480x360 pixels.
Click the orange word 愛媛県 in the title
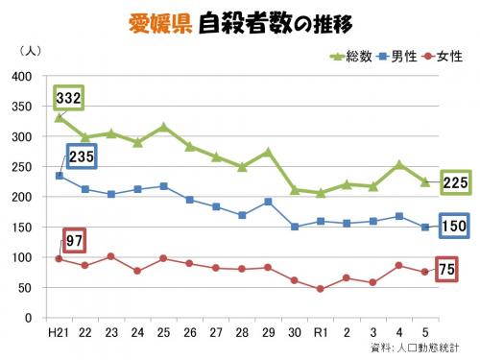[x=159, y=23]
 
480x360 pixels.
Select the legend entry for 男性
[x=396, y=57]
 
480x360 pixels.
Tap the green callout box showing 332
[x=68, y=98]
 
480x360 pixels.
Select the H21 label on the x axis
[x=58, y=331]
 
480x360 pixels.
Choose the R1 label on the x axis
[x=320, y=331]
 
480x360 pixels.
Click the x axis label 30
[x=294, y=331]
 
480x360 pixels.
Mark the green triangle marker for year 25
[x=163, y=127]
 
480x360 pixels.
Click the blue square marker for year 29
[x=268, y=202]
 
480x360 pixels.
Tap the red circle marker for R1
[x=320, y=289]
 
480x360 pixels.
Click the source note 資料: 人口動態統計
[x=414, y=347]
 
